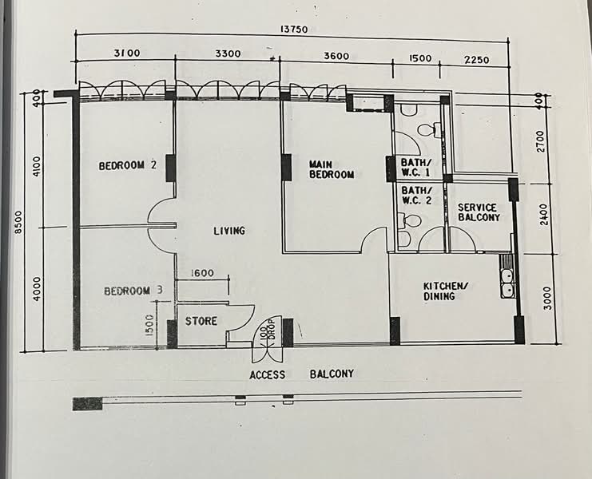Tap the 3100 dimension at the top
126,53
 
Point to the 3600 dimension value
336,56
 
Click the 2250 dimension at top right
476,59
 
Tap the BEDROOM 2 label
126,166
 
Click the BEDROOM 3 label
133,291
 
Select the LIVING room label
228,231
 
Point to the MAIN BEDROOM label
331,169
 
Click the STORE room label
201,322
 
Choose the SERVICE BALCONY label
479,212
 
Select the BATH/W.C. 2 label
415,196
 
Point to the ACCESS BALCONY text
301,374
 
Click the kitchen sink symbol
507,283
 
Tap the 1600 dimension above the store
202,273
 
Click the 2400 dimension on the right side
544,215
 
